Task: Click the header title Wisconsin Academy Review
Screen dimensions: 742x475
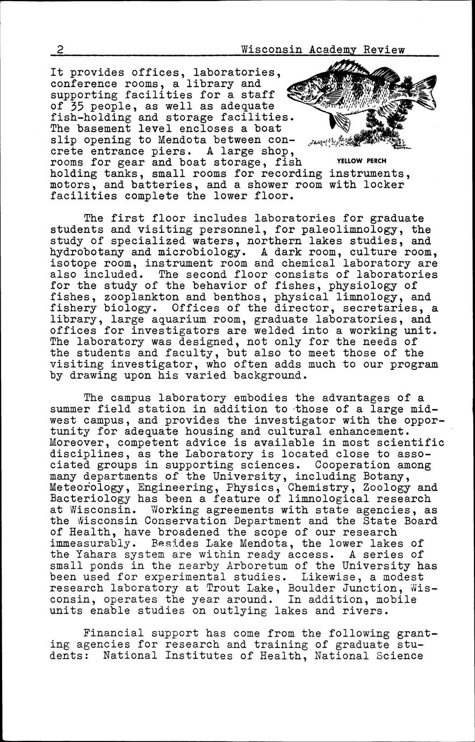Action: (x=323, y=50)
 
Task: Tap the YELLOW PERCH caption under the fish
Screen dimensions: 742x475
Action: (x=362, y=161)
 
